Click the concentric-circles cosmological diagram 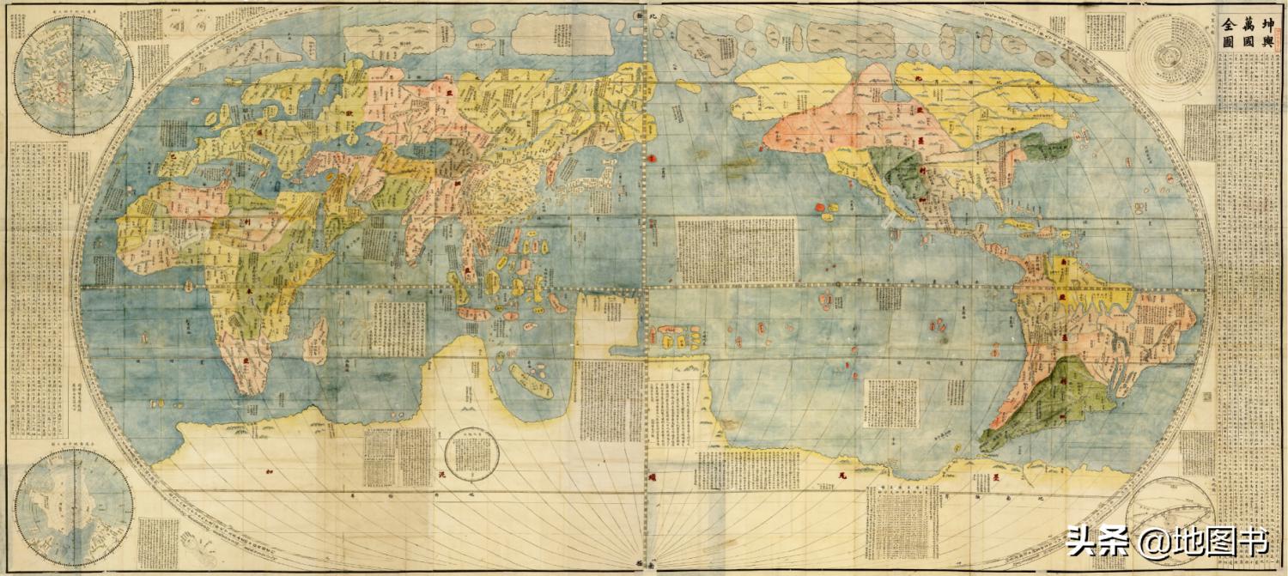(1168, 57)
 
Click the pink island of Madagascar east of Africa (315, 338)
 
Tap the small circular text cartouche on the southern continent (472, 454)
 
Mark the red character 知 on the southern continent (270, 473)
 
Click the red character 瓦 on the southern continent (842, 475)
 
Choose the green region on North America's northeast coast (1048, 148)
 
